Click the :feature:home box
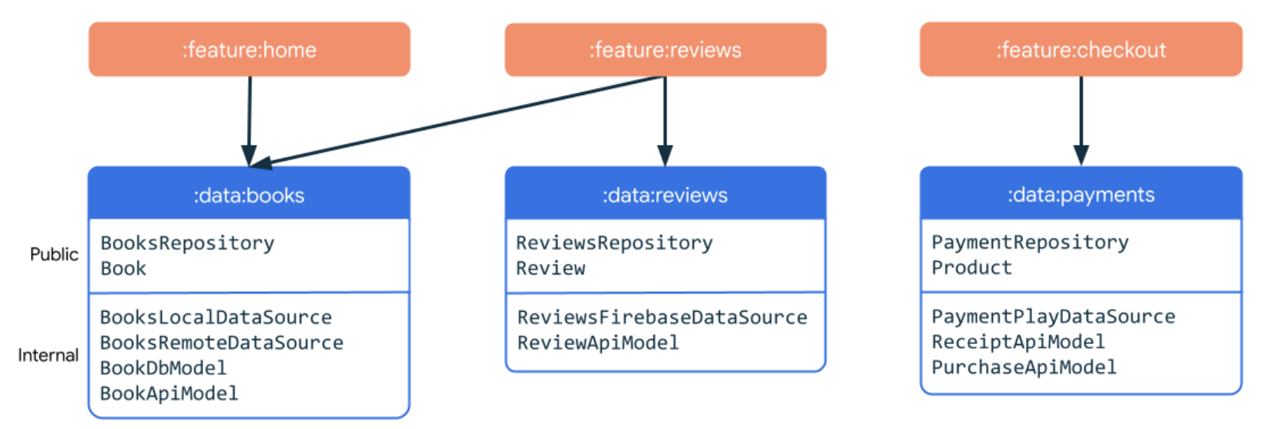pos(249,50)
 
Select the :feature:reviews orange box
pos(666,50)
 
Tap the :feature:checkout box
pos(1080,50)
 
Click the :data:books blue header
pos(249,194)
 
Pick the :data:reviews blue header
pos(666,194)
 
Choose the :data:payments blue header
pos(1080,194)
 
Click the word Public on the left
pos(54,254)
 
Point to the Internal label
pos(48,355)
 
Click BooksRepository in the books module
pos(187,243)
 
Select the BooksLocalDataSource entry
pos(216,317)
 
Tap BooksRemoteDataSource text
pos(222,342)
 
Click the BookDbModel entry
pos(163,368)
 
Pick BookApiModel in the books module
pos(169,393)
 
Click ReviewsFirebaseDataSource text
pos(662,317)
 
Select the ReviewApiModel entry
pos(598,342)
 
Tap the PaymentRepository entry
pos(1030,242)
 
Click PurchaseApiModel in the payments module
pos(1024,367)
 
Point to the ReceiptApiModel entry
pos(1018,342)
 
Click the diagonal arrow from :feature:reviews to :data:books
pos(457,121)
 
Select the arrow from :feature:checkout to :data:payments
pos(1081,121)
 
